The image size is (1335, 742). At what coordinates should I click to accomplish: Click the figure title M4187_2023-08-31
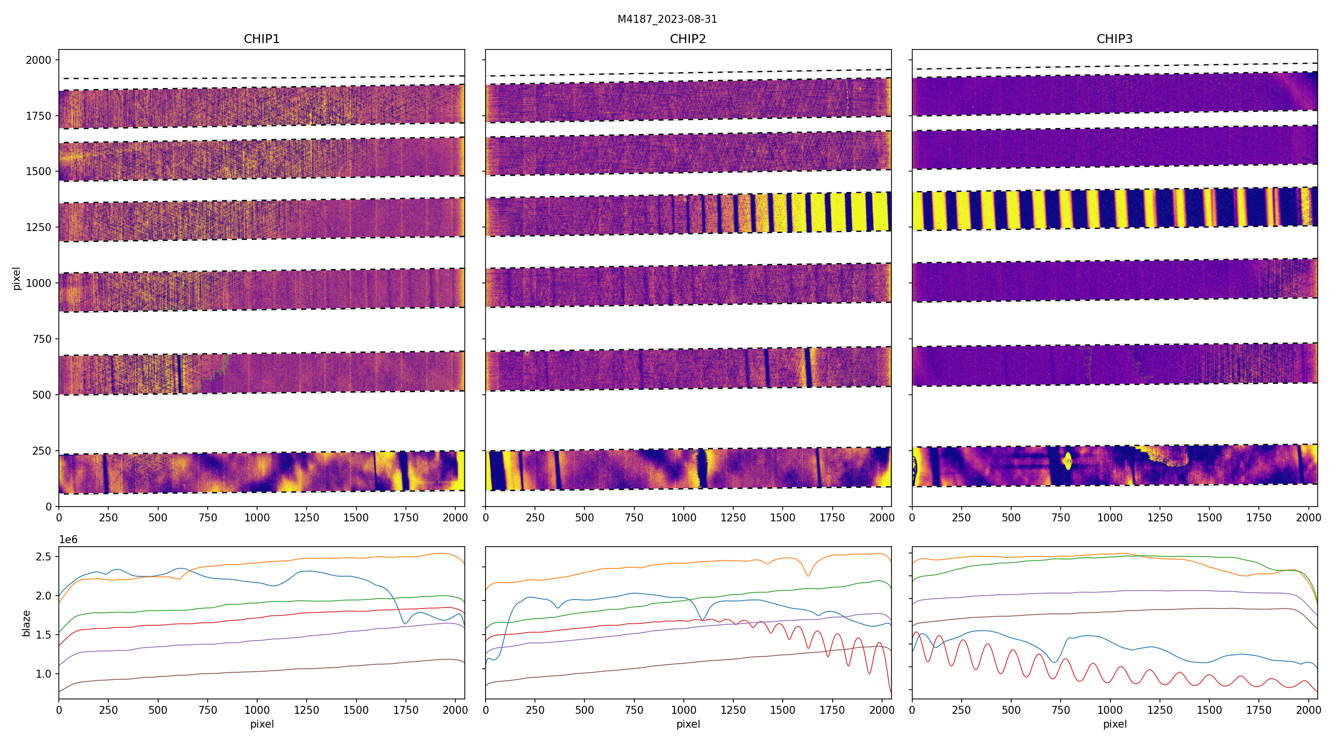pos(667,19)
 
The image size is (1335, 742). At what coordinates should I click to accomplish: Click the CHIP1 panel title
pos(262,39)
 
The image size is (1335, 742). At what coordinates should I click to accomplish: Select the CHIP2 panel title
pos(688,39)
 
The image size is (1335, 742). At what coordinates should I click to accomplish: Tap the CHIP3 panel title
pos(1114,39)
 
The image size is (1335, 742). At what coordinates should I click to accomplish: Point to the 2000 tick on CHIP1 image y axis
pos(39,60)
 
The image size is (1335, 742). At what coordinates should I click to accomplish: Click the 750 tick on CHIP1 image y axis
pos(42,339)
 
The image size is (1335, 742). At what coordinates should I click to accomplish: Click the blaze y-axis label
pos(26,623)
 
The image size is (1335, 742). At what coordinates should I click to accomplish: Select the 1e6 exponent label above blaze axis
pos(68,540)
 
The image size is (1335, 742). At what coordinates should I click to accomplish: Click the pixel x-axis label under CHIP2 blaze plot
pos(688,724)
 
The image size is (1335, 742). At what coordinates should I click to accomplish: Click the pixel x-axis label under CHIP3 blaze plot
pos(1114,724)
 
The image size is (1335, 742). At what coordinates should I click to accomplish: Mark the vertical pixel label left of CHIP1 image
pos(17,278)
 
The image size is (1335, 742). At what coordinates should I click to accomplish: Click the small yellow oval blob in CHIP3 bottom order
pos(1068,461)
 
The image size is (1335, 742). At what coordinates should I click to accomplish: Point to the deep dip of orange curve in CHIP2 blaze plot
pos(807,576)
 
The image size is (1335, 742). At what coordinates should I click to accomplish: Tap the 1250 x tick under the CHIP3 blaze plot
pos(1159,710)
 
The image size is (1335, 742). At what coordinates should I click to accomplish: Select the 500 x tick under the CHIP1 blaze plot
pos(158,710)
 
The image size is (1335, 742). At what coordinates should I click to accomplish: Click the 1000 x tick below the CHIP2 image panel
pos(683,517)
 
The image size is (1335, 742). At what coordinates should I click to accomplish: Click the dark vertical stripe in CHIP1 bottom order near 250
pos(106,473)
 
